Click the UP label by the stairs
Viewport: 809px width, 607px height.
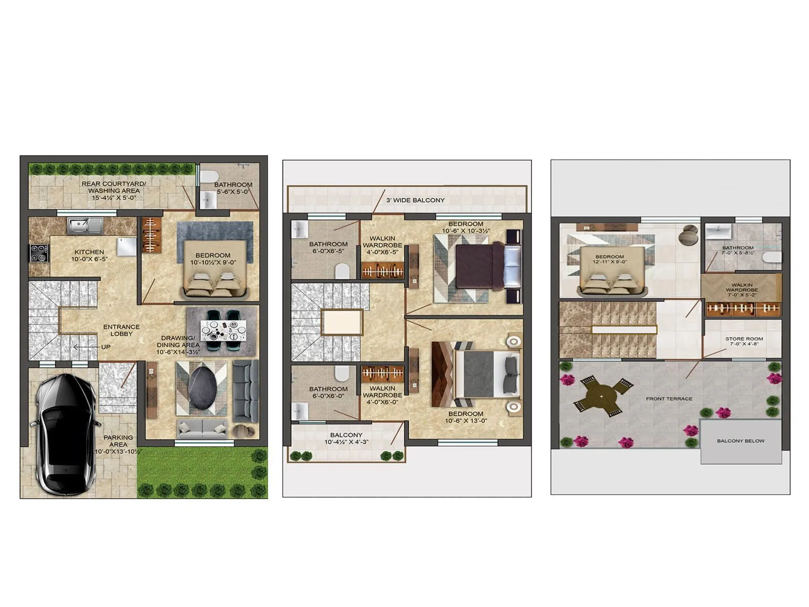point(105,347)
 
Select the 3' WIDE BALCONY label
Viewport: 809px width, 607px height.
point(415,200)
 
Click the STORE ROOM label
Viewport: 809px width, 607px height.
point(744,339)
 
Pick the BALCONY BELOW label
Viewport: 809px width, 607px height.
point(740,441)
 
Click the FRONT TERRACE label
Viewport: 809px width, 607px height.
point(669,399)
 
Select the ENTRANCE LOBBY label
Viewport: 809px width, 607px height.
point(121,330)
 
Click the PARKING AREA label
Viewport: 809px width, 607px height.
point(118,441)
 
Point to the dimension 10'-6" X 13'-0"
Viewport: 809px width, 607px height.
point(466,421)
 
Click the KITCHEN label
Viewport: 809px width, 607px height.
point(89,252)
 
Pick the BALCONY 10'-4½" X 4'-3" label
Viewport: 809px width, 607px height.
point(346,438)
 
